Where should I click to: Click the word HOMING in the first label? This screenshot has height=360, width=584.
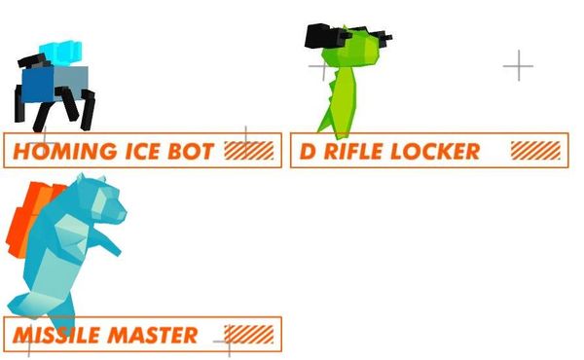tap(65, 152)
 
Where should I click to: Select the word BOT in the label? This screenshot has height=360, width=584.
tap(191, 152)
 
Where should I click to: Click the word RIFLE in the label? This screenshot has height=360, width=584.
tap(354, 152)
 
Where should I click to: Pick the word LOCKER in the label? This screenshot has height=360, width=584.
tap(435, 152)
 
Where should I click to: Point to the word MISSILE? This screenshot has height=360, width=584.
tap(56, 335)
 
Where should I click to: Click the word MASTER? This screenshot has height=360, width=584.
tap(153, 335)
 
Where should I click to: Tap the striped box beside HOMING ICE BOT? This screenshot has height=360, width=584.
tap(249, 151)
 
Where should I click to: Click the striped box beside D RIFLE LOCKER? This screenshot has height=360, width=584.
tap(535, 151)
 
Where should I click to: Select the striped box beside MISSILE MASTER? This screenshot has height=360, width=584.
tap(249, 334)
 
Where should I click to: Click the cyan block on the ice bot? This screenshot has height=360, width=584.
tap(60, 53)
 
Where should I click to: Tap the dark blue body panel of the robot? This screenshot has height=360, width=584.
tap(37, 84)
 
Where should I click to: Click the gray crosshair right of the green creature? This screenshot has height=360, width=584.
tap(519, 66)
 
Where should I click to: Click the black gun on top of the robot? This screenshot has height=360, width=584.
tap(33, 61)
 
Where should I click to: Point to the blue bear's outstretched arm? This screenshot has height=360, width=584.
tap(106, 241)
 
